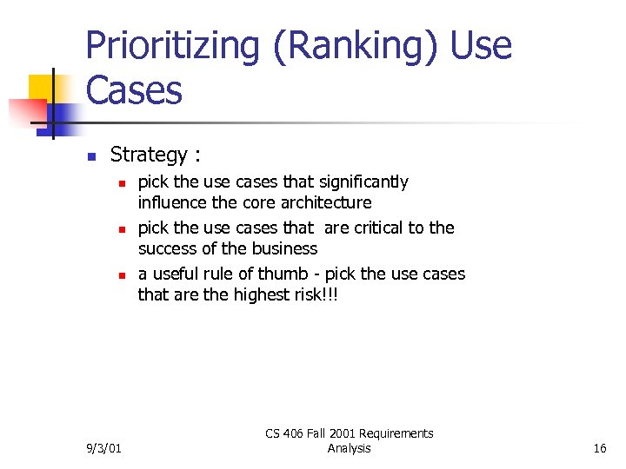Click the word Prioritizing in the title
coord(172,46)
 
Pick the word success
coord(167,248)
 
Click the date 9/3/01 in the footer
coord(105,448)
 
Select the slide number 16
coord(599,448)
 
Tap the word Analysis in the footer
coord(349,448)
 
